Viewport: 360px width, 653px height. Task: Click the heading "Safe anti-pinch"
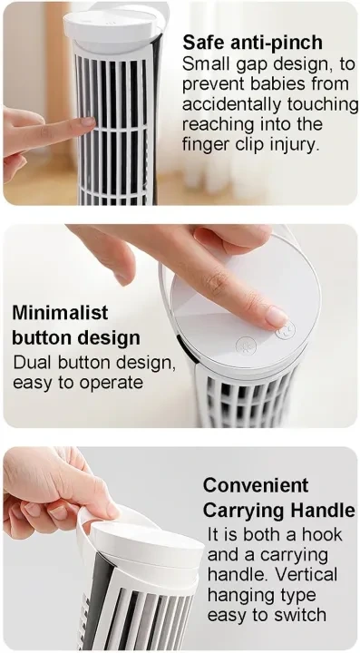(x=253, y=42)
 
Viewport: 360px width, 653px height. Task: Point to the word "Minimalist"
(x=60, y=313)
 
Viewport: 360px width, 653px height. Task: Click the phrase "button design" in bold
(x=76, y=337)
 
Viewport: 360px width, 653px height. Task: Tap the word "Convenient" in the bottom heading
(x=256, y=485)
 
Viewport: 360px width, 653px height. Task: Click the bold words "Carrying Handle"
(x=279, y=511)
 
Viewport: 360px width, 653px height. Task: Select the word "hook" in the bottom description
(x=321, y=534)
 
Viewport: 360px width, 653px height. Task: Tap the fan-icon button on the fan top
(x=246, y=346)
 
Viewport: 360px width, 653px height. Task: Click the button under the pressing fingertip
(x=286, y=331)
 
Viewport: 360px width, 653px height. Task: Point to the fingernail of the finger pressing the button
(x=277, y=317)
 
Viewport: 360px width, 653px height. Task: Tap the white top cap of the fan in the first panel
(x=112, y=25)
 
